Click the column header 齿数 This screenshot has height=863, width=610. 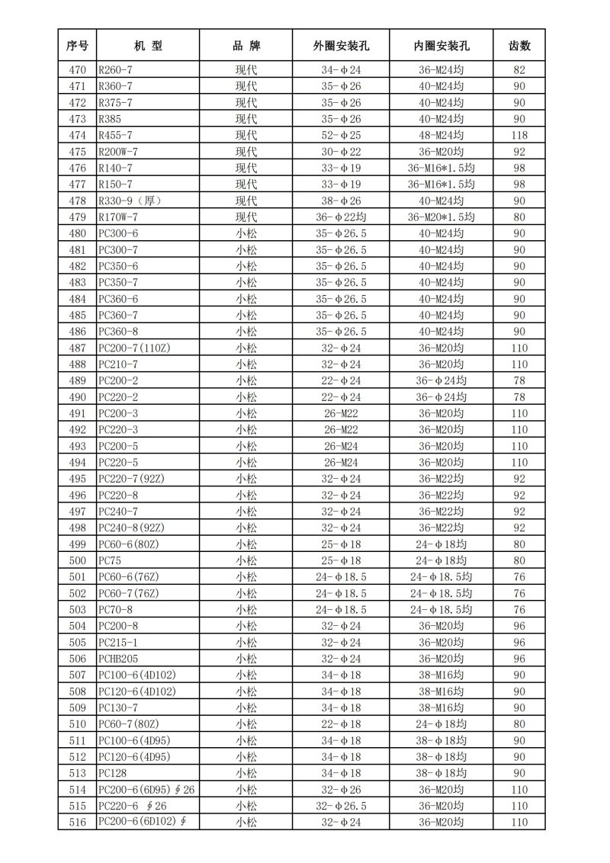tap(519, 46)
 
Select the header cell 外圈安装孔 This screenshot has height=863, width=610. tap(341, 46)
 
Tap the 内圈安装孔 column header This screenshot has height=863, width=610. tap(441, 46)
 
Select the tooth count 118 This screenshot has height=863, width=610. tap(519, 135)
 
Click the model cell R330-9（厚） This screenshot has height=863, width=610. tap(130, 201)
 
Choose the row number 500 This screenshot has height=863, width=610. tap(77, 560)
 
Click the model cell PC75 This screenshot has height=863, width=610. tap(106, 560)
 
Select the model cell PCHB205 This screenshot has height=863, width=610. tap(118, 659)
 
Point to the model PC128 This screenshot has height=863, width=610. tap(110, 773)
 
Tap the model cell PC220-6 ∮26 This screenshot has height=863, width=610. tap(133, 806)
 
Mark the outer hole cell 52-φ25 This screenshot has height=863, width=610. tap(341, 135)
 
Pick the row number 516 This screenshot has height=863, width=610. tap(77, 822)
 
